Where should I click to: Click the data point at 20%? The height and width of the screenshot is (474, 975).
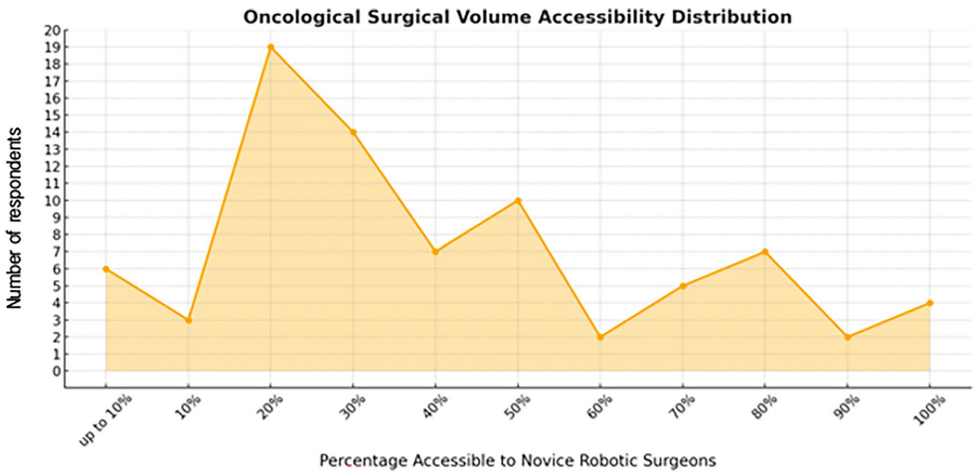270,47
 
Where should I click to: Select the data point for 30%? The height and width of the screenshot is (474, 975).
353,132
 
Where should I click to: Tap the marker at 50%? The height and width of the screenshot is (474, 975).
518,201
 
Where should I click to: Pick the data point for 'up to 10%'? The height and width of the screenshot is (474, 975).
105,268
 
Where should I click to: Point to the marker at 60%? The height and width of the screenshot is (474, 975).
600,337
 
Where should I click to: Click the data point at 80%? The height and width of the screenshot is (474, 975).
765,251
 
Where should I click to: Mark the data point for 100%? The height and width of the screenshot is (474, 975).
929,303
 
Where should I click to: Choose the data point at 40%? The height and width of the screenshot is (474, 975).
435,251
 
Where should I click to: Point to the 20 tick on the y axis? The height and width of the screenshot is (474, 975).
52,30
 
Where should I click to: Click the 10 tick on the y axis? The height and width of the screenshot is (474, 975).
52,201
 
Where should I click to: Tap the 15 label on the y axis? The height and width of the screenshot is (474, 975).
52,115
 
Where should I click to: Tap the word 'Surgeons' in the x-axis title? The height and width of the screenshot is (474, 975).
680,461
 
